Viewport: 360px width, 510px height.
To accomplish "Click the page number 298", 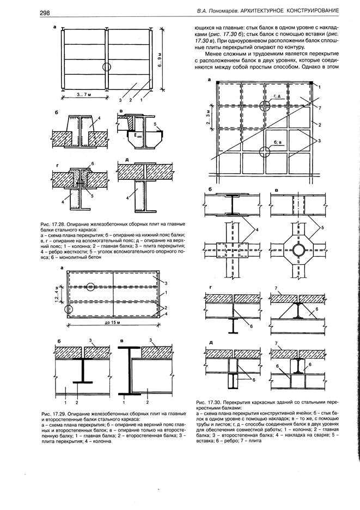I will (45, 12).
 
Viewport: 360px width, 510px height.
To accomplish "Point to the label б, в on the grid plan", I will (278, 142).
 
